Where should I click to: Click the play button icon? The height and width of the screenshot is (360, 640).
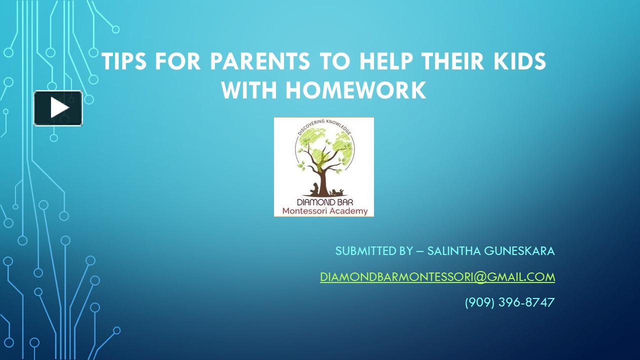coord(58,108)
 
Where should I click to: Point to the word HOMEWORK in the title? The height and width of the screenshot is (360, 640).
coord(356,90)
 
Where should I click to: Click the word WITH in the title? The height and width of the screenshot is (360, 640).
coord(249,90)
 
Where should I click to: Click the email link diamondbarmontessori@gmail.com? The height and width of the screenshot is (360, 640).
coord(437,277)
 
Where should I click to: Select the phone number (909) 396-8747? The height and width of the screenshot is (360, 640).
coord(509,302)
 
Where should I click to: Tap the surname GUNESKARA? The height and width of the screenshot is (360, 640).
coord(520,251)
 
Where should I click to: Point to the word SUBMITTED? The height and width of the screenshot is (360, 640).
coord(366,251)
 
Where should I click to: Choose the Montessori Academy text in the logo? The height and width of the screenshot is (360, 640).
coord(324,211)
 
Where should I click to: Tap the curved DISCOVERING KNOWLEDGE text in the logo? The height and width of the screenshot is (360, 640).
coord(324,125)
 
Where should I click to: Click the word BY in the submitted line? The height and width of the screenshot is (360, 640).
coord(406,251)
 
